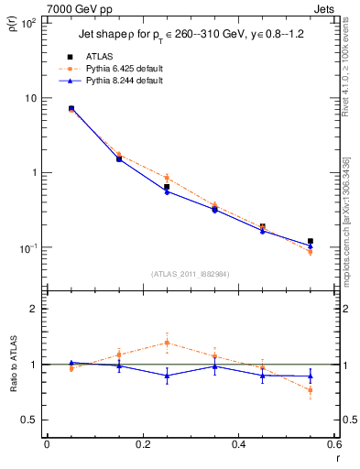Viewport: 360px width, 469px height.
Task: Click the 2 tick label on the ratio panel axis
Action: pos(32,309)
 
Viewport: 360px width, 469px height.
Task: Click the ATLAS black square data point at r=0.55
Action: pos(311,241)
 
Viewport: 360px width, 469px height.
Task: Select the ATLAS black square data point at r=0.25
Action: pos(167,187)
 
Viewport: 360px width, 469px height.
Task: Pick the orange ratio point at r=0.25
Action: pos(167,343)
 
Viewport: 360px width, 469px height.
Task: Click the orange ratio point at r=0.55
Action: pos(311,390)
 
